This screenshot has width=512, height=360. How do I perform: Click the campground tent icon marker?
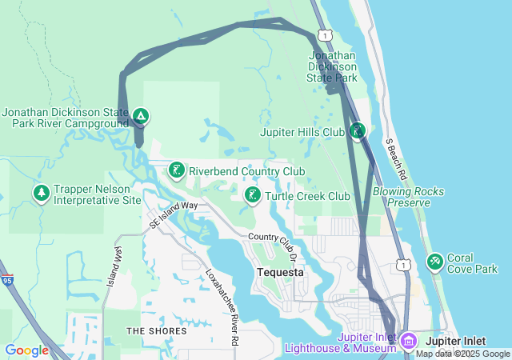tap(140, 117)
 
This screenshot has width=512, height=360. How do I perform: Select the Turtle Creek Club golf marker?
tap(252, 194)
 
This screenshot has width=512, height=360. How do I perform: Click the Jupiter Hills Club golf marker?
tap(357, 130)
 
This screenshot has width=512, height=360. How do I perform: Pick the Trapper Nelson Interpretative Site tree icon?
tap(41, 193)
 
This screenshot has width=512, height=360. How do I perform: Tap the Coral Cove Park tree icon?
tap(435, 261)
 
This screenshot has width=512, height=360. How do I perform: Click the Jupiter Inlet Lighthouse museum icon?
tap(408, 342)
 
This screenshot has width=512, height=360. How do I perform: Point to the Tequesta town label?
tap(280, 272)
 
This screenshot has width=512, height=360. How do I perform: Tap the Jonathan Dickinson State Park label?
tap(333, 67)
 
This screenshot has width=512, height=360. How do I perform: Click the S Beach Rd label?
tap(396, 158)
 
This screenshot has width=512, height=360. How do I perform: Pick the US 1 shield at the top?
tap(324, 34)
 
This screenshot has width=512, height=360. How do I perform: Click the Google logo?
tap(26, 350)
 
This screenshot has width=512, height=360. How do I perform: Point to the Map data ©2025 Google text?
tap(462, 354)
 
